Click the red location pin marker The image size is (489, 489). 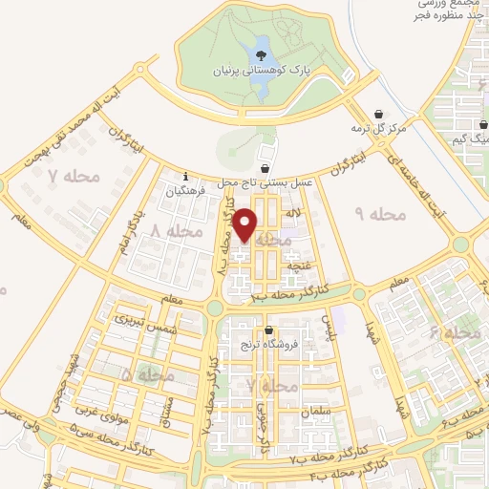click(246, 224)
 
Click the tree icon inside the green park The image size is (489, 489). click(262, 53)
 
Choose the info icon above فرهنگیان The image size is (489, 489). click(185, 176)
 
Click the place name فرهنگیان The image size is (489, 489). click(185, 191)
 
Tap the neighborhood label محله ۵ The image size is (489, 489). click(148, 375)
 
